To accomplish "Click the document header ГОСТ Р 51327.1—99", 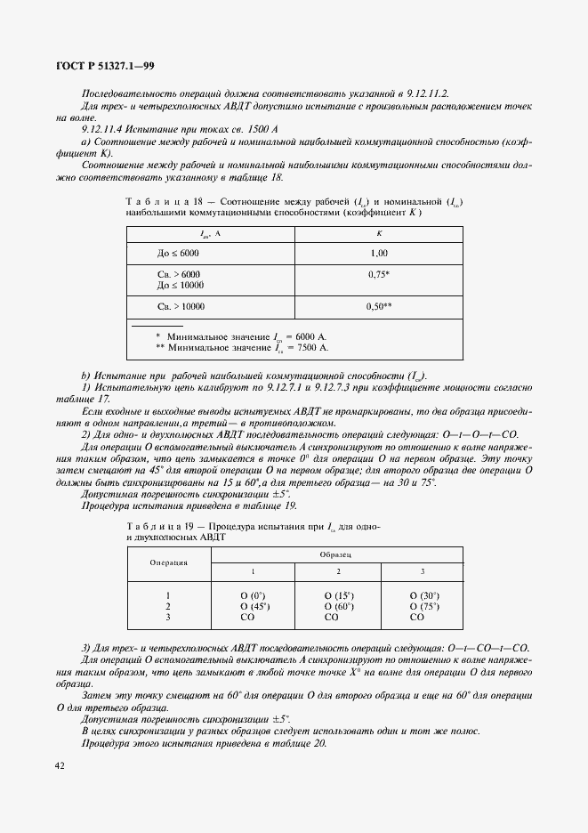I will tap(105, 65).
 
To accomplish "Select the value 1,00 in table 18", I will tap(379, 254).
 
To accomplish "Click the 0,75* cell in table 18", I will tap(379, 275).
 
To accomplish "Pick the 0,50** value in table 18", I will tap(379, 306).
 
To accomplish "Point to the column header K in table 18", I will tap(379, 234).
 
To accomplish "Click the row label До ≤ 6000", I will tap(179, 254).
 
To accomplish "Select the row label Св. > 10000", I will tap(181, 306).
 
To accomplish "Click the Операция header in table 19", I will tap(168, 562).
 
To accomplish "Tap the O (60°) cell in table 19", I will tap(338, 606).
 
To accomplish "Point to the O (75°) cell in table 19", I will tap(423, 606).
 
